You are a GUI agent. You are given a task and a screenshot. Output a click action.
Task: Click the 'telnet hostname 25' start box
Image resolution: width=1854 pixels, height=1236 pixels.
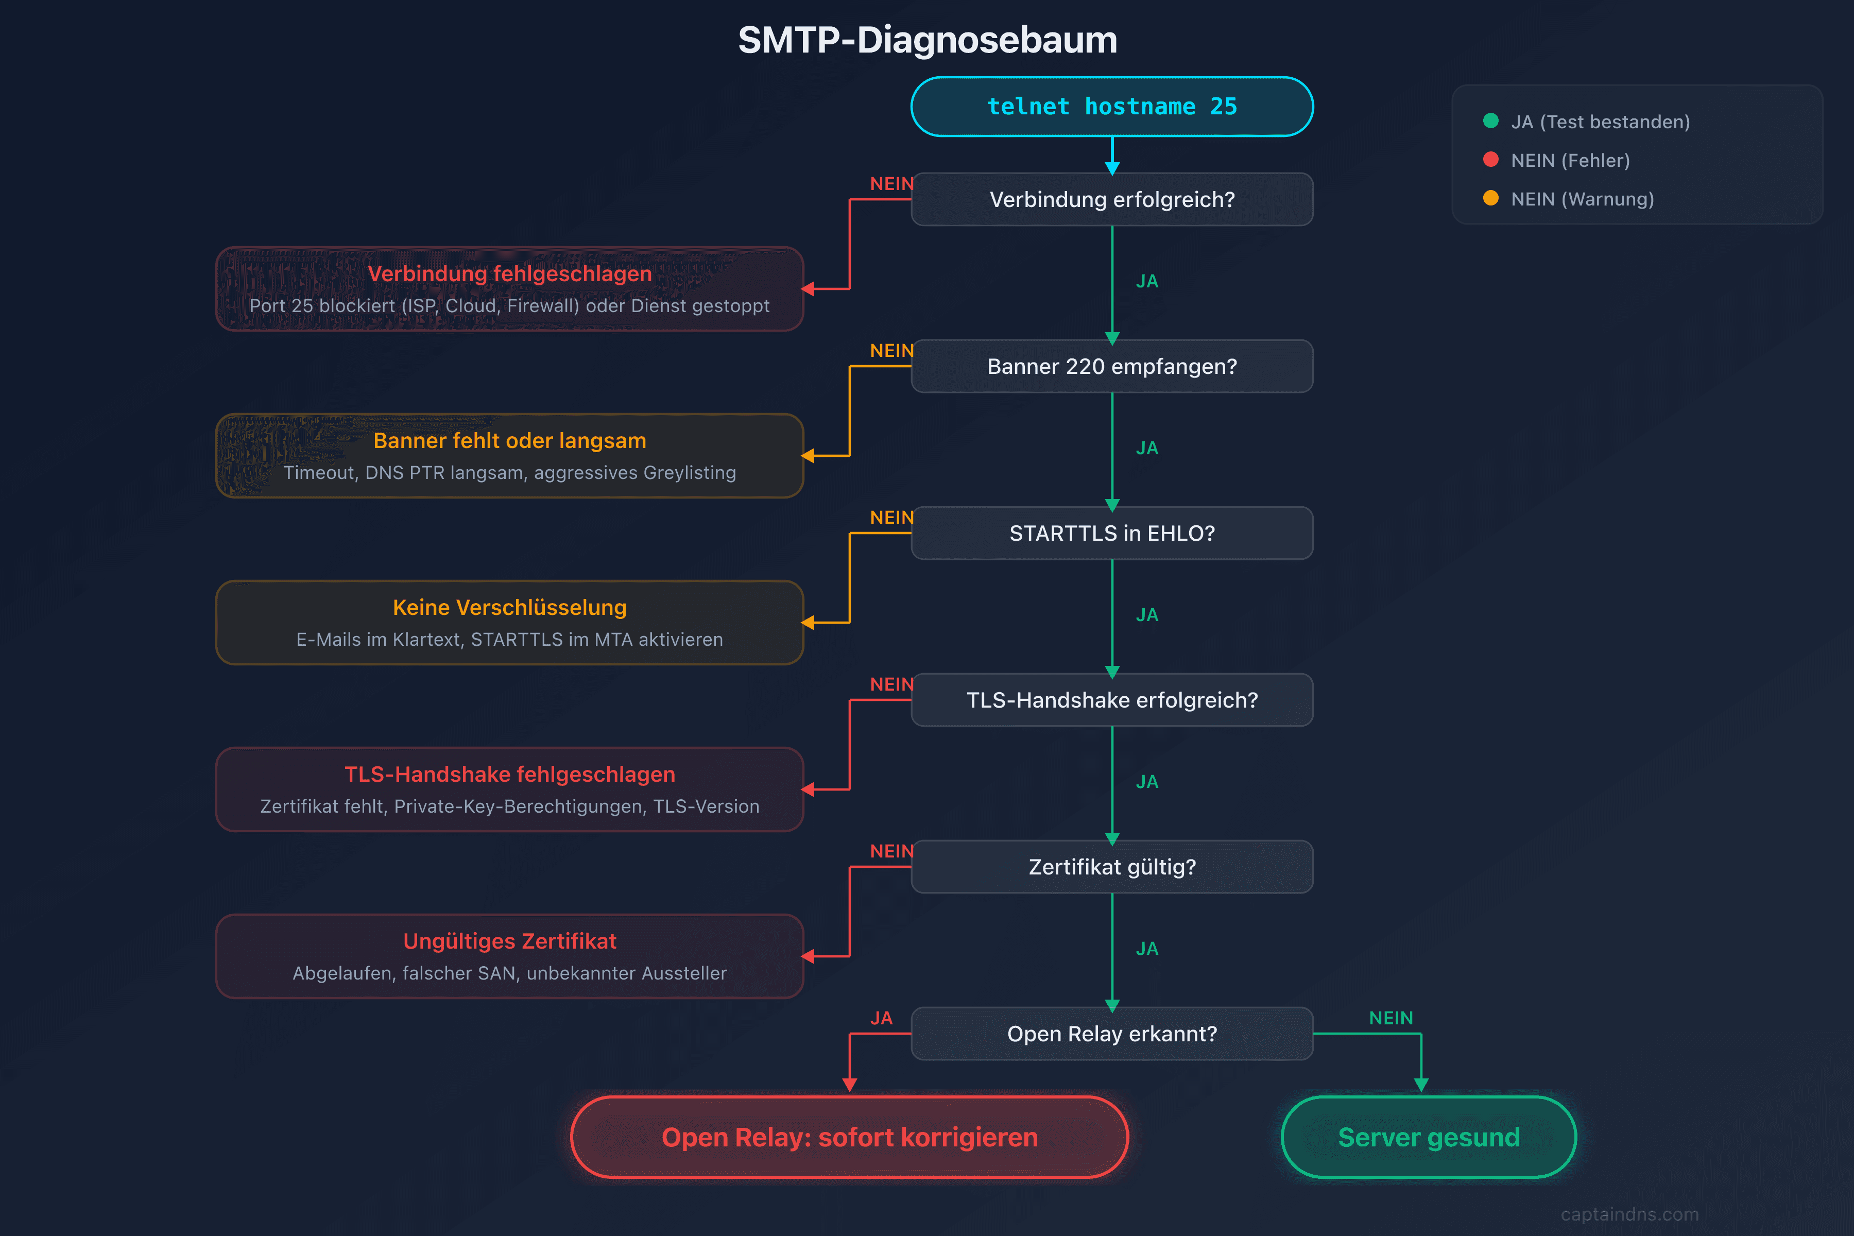[x=1111, y=107]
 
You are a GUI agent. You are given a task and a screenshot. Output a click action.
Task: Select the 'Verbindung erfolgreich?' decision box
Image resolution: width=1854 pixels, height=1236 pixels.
[x=1111, y=199]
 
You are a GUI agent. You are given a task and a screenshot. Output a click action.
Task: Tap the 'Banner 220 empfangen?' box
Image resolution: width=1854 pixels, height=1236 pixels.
[x=1111, y=367]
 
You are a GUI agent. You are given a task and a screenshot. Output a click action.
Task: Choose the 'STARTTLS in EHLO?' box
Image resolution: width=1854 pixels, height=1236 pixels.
[x=1111, y=534]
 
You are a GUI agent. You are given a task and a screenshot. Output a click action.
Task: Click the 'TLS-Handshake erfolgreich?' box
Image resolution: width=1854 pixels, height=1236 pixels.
[x=1111, y=700]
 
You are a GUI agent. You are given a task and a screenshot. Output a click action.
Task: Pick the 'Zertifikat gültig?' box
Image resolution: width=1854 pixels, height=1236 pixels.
[x=1111, y=867]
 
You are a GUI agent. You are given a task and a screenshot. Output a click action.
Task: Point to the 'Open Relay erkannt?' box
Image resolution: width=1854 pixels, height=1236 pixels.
[x=1111, y=1034]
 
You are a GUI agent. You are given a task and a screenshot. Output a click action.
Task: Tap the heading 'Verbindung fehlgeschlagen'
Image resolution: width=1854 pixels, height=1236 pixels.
[x=509, y=273]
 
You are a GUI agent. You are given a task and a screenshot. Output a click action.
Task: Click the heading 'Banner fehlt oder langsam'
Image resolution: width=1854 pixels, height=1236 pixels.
[x=509, y=441]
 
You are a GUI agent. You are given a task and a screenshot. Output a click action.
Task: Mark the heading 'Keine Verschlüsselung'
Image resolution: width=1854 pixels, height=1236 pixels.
[x=509, y=608]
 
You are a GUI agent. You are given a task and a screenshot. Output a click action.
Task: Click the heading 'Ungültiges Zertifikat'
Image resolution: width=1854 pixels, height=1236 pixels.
[x=509, y=941]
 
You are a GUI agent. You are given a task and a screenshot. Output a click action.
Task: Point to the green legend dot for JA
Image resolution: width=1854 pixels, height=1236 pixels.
[x=1490, y=121]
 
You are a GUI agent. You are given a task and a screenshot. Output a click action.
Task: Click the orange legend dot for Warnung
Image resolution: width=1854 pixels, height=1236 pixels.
[x=1490, y=198]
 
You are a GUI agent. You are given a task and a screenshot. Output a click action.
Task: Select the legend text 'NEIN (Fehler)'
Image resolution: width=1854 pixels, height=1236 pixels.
[x=1569, y=160]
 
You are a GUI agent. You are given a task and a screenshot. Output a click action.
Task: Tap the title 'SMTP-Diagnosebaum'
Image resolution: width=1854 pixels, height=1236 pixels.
[x=927, y=40]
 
